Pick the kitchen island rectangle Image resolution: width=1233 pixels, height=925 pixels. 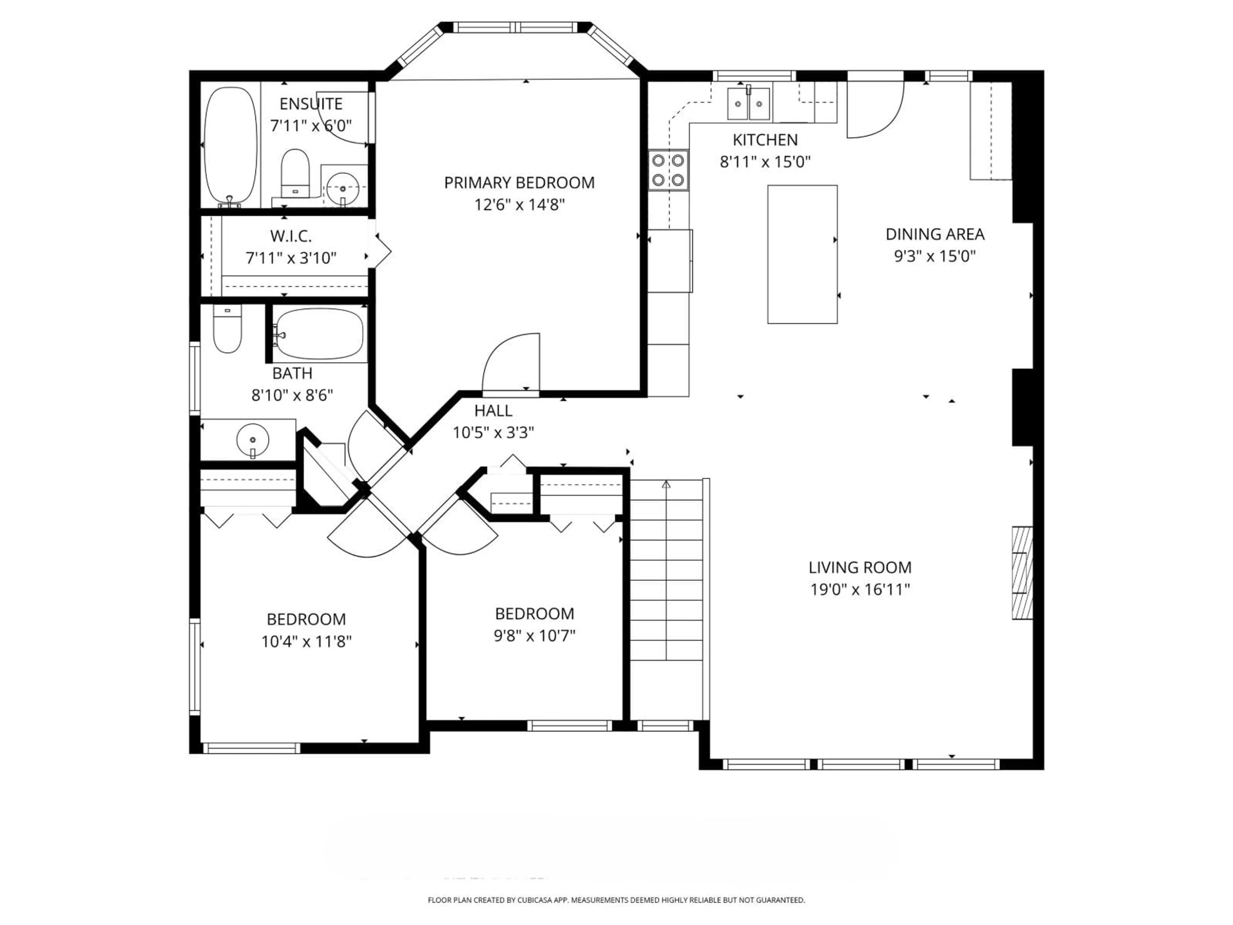[x=802, y=254]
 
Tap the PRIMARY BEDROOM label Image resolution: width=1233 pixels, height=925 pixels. [x=519, y=182]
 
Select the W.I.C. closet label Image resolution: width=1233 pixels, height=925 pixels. [x=291, y=236]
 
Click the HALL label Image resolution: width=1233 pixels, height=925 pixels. [x=493, y=411]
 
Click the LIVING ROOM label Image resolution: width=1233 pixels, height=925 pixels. [x=860, y=568]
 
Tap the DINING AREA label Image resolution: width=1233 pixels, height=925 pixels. [x=935, y=234]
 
